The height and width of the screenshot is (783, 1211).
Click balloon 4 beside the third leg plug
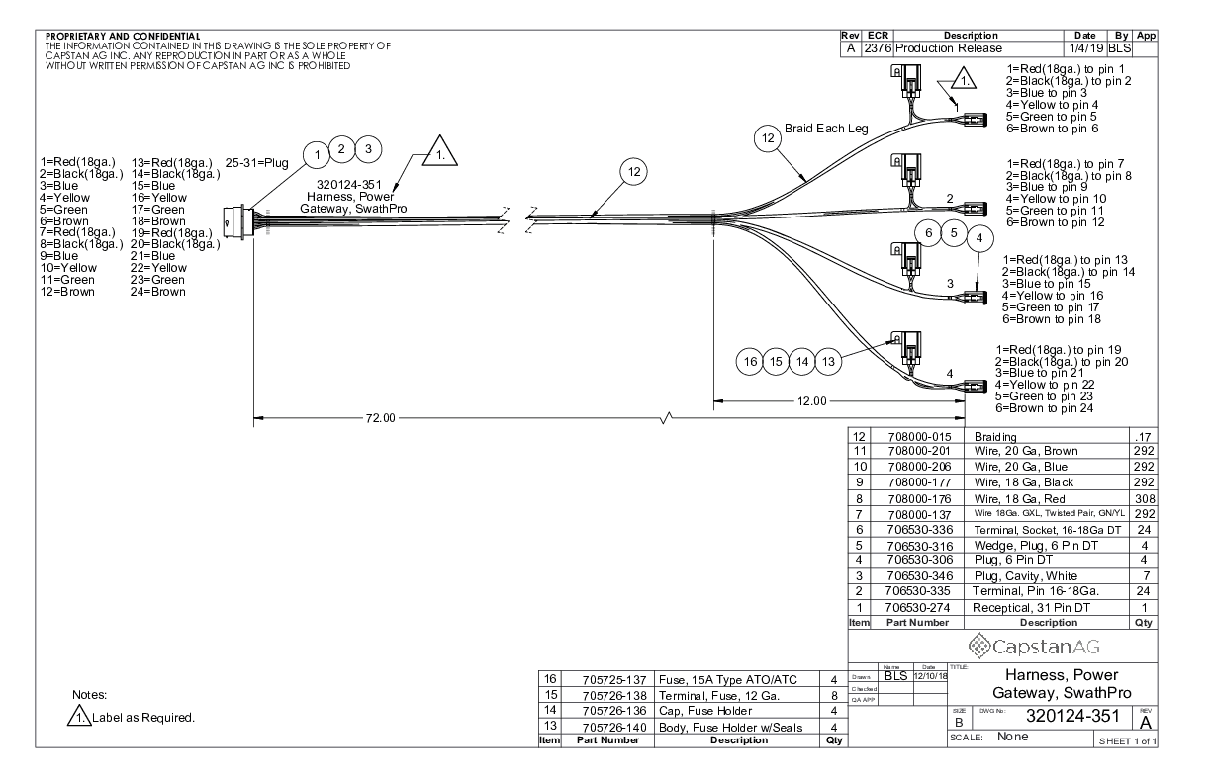(979, 238)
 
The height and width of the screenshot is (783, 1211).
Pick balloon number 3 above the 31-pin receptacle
(366, 149)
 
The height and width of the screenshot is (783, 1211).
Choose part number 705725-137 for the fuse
(606, 678)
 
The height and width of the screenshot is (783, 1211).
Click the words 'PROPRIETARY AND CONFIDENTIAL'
(117, 38)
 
